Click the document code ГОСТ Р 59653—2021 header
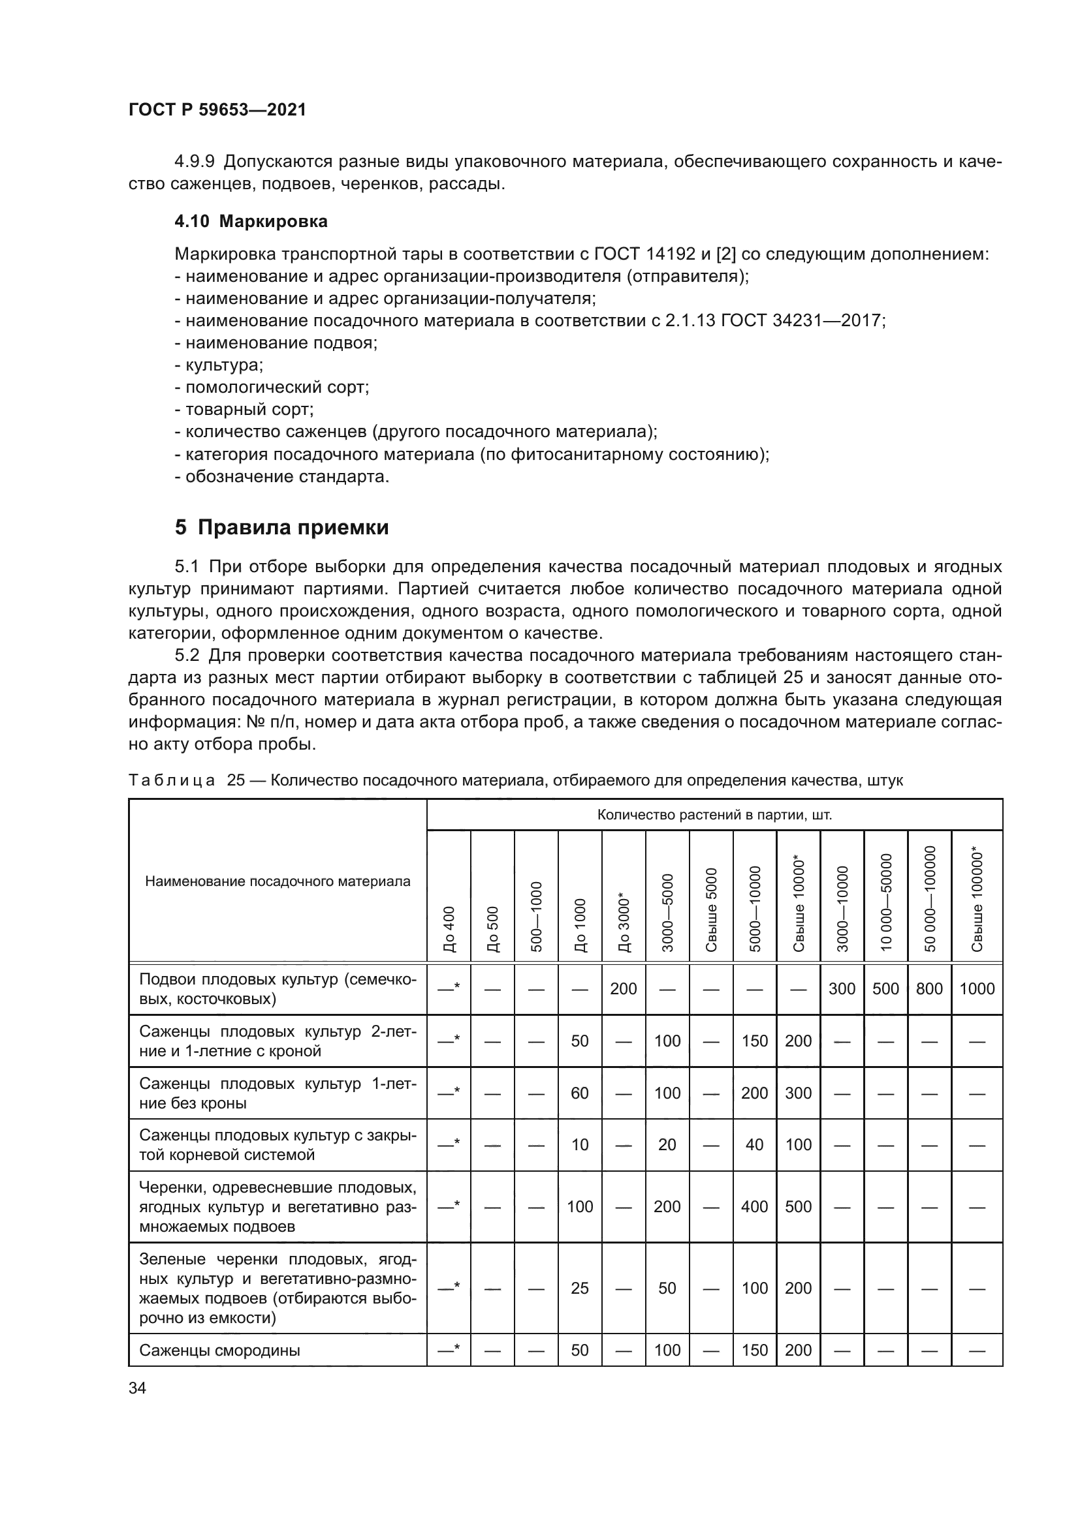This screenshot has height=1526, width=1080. (217, 110)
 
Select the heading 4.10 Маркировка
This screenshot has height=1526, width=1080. (251, 221)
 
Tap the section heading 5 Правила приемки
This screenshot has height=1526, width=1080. (281, 527)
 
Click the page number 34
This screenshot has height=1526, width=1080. (137, 1388)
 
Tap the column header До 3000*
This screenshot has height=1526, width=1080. (624, 921)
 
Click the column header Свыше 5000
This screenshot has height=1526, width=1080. (712, 909)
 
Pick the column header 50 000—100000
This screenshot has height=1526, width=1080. (930, 898)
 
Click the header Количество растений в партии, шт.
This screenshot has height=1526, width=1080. (714, 815)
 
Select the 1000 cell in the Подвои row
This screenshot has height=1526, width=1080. (976, 988)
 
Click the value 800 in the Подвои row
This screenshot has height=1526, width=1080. (929, 988)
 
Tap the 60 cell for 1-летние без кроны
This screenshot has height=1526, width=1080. (580, 1093)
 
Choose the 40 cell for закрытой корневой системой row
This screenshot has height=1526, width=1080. (754, 1144)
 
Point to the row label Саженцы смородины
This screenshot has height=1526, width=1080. (219, 1350)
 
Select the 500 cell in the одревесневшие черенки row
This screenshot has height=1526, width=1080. (798, 1206)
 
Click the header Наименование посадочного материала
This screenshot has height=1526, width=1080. (278, 881)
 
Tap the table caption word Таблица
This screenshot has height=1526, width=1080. (172, 780)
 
